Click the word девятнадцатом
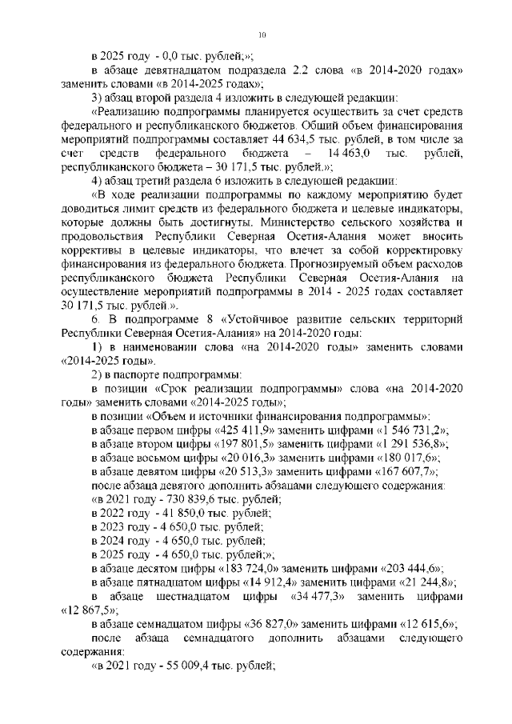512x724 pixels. (170, 70)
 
